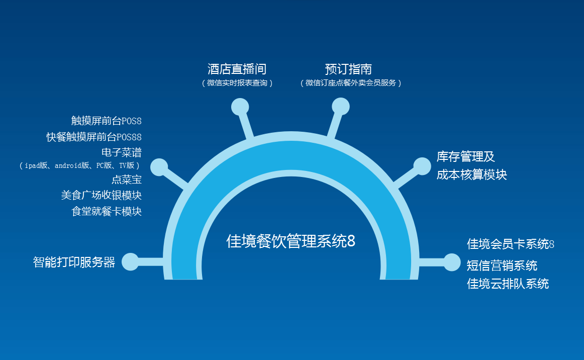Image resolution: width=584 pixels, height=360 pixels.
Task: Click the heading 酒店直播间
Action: [237, 69]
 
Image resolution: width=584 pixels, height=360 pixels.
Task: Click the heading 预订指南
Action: [348, 69]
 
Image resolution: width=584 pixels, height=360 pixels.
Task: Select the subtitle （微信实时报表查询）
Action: [237, 83]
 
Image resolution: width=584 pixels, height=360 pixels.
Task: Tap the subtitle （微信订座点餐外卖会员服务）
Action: [351, 83]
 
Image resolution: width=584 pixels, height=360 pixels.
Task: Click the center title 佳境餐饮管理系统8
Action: [290, 241]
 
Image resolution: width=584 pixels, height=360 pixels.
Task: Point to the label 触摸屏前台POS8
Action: [107, 121]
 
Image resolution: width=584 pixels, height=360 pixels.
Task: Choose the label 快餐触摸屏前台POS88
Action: [94, 137]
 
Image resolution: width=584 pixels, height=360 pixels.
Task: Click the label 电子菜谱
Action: [122, 152]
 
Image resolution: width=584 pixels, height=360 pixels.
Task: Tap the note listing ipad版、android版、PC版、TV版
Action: [80, 165]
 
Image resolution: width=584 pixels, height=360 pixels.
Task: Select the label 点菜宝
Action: [127, 179]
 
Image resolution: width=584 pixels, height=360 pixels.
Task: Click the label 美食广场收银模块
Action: [102, 195]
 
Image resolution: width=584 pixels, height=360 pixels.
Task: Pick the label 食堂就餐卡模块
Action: [107, 211]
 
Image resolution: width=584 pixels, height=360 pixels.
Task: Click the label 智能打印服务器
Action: [74, 262]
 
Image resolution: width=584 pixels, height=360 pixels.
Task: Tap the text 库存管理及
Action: [465, 156]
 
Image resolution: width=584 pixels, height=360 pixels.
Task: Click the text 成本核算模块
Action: [472, 174]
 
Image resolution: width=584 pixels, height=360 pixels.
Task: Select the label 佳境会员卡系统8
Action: [511, 244]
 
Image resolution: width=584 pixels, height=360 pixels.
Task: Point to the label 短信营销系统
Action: [502, 265]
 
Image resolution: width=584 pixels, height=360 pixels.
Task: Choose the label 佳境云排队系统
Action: [508, 284]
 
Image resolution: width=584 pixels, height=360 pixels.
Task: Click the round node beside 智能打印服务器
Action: [130, 261]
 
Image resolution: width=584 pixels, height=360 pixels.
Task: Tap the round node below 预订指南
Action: [341, 107]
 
